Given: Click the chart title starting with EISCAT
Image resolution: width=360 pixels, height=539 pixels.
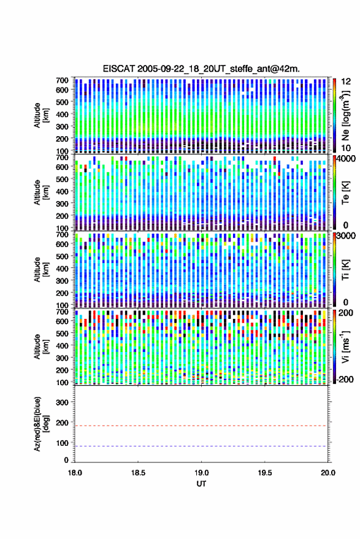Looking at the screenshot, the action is click(201, 69).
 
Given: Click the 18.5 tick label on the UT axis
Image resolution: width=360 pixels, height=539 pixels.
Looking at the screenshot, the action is click(138, 473).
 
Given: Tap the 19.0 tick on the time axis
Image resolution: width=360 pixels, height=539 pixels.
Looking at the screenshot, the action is click(202, 473).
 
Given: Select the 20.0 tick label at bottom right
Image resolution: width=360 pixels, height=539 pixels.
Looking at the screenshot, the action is click(328, 473).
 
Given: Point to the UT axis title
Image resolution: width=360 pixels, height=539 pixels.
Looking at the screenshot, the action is click(202, 484).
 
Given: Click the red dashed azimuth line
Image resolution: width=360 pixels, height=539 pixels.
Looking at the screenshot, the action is click(201, 426).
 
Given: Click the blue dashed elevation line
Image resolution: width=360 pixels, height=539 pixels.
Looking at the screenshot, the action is click(201, 446).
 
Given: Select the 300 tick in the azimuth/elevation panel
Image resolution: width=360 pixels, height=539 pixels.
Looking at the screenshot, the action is click(62, 402).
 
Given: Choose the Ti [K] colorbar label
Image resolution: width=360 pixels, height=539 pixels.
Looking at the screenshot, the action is click(345, 270).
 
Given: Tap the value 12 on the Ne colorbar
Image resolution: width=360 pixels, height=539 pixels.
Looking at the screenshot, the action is click(346, 82).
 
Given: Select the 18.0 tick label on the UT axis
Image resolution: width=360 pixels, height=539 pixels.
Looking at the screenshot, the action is click(75, 473).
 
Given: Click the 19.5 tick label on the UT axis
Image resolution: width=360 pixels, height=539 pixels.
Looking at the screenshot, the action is click(265, 473).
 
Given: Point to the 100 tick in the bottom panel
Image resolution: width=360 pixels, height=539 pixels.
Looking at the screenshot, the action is click(62, 443).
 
